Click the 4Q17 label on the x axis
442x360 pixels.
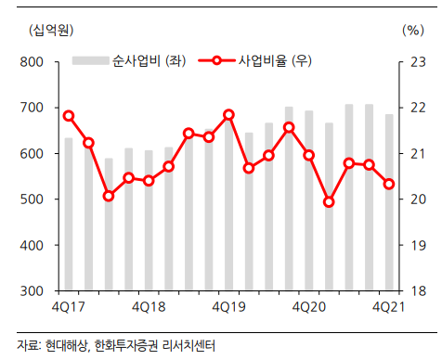click(69, 307)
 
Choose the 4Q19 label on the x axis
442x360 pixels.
click(228, 307)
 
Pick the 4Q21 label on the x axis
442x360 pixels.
click(388, 307)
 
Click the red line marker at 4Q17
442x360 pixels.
click(69, 116)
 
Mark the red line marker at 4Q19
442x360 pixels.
click(228, 115)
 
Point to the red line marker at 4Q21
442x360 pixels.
click(389, 184)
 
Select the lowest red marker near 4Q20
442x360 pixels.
click(329, 201)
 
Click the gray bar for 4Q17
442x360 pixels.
click(69, 213)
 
